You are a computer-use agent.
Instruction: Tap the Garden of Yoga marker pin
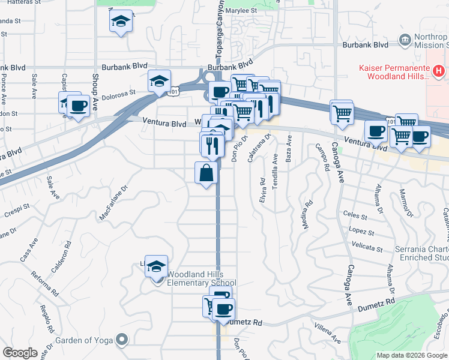click(122, 340)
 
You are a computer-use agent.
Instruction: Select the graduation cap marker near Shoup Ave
click(121, 22)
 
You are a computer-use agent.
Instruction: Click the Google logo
click(20, 353)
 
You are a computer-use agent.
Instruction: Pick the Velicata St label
click(368, 247)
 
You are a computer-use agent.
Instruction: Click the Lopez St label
click(363, 232)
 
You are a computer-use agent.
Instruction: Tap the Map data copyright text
click(411, 355)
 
